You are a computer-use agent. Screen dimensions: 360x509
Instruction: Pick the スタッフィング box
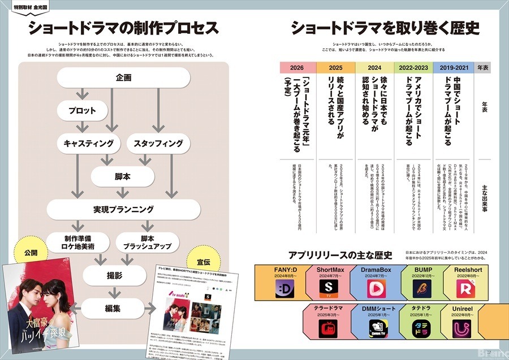click(x=158, y=144)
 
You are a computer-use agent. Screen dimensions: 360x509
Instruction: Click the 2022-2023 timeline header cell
click(x=414, y=67)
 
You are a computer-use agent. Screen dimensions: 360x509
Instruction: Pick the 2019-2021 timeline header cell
click(x=452, y=67)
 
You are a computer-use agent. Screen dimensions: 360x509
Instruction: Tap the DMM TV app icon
click(x=377, y=327)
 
